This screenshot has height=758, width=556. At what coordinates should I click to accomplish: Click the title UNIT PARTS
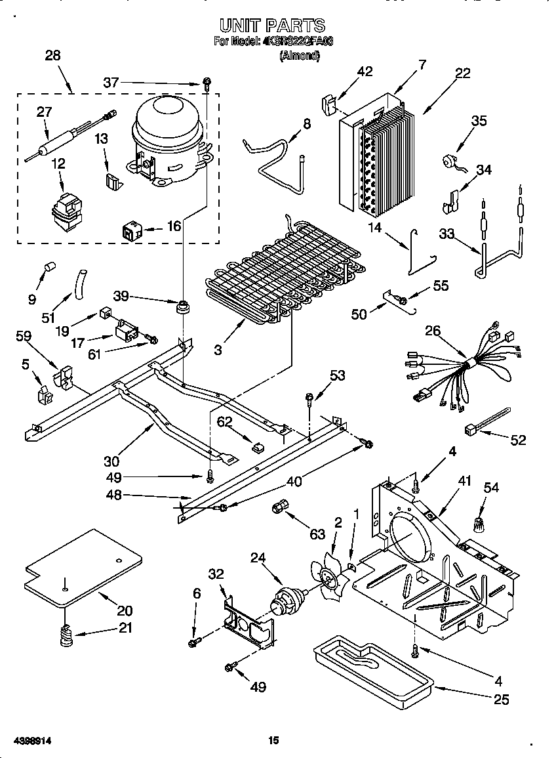(x=272, y=26)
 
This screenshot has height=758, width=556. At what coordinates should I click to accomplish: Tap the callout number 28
(x=52, y=56)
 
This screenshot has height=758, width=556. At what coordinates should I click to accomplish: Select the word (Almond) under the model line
(x=300, y=56)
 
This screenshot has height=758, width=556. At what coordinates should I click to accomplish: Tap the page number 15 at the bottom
(x=273, y=741)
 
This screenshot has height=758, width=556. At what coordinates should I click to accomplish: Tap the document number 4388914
(x=26, y=741)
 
